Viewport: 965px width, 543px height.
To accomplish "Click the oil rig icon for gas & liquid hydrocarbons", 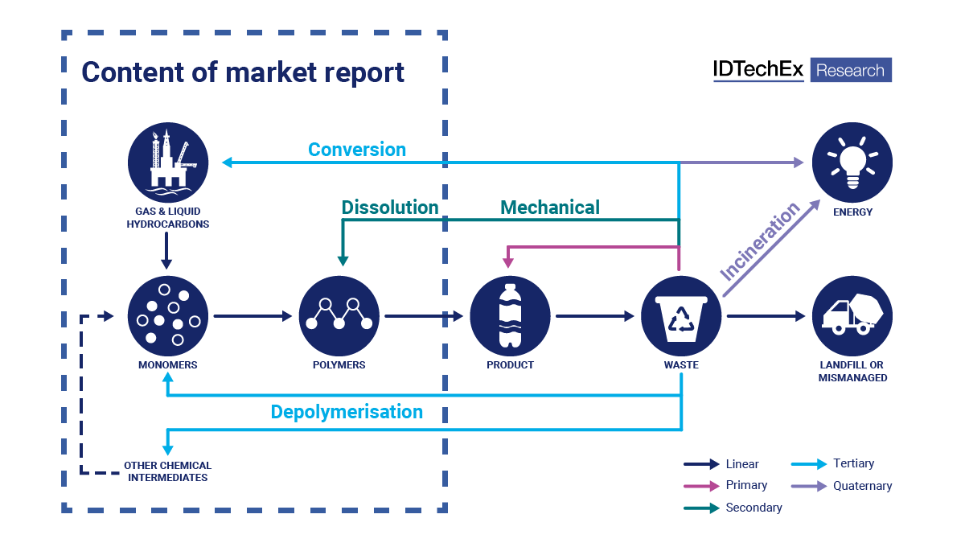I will pyautogui.click(x=167, y=162).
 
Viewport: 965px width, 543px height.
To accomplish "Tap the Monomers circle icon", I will pyautogui.click(x=167, y=316).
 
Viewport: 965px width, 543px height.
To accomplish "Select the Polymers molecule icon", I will pyautogui.click(x=339, y=316).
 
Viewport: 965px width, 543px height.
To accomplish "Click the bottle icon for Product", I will pyautogui.click(x=510, y=316).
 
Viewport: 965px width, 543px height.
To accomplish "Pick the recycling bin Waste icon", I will pyautogui.click(x=681, y=316).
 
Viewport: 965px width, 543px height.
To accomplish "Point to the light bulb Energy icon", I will pyautogui.click(x=852, y=162).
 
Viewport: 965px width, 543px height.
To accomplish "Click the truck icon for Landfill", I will pyautogui.click(x=852, y=316).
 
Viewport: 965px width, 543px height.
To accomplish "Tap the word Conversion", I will pyautogui.click(x=357, y=150).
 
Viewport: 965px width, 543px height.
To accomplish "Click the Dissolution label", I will pyautogui.click(x=390, y=208).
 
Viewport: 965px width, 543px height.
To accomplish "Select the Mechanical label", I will pyautogui.click(x=550, y=208).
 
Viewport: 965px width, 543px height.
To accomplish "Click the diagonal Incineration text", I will pyautogui.click(x=760, y=241).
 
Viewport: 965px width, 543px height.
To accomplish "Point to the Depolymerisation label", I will pyautogui.click(x=347, y=412).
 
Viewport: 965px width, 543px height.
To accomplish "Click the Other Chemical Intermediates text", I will pyautogui.click(x=167, y=471).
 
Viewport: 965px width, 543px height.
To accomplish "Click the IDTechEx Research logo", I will pyautogui.click(x=802, y=70).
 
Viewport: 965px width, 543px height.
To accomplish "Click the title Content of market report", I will pyautogui.click(x=243, y=72).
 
